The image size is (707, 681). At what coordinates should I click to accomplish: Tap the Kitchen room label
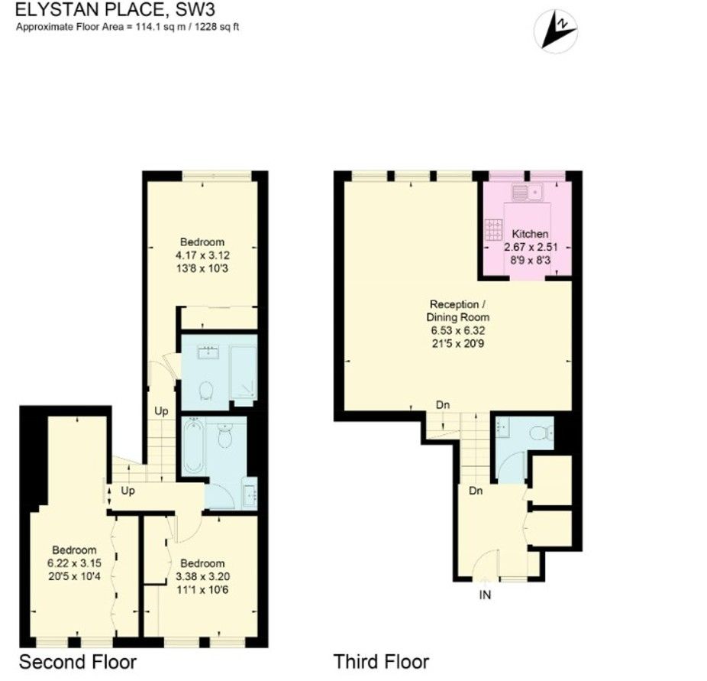click(x=530, y=234)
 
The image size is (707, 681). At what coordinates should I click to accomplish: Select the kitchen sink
click(x=528, y=193)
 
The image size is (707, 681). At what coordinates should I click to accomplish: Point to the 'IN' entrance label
click(x=485, y=595)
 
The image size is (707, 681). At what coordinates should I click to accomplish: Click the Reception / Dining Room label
click(x=457, y=310)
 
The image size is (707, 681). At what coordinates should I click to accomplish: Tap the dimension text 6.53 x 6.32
click(x=457, y=330)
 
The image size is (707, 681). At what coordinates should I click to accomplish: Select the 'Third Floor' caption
click(x=381, y=662)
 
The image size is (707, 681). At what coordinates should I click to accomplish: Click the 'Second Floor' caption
click(x=78, y=662)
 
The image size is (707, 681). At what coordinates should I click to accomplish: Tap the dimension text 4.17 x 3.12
click(x=202, y=255)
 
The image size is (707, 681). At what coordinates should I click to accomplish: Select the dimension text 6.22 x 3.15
click(x=74, y=563)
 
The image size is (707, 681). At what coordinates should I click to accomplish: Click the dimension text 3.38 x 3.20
click(x=202, y=577)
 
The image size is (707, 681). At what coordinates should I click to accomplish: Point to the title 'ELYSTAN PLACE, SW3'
click(x=115, y=9)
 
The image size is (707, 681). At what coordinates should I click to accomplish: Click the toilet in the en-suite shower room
click(x=205, y=391)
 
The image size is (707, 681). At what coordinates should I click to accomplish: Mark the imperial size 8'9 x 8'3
click(x=530, y=261)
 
